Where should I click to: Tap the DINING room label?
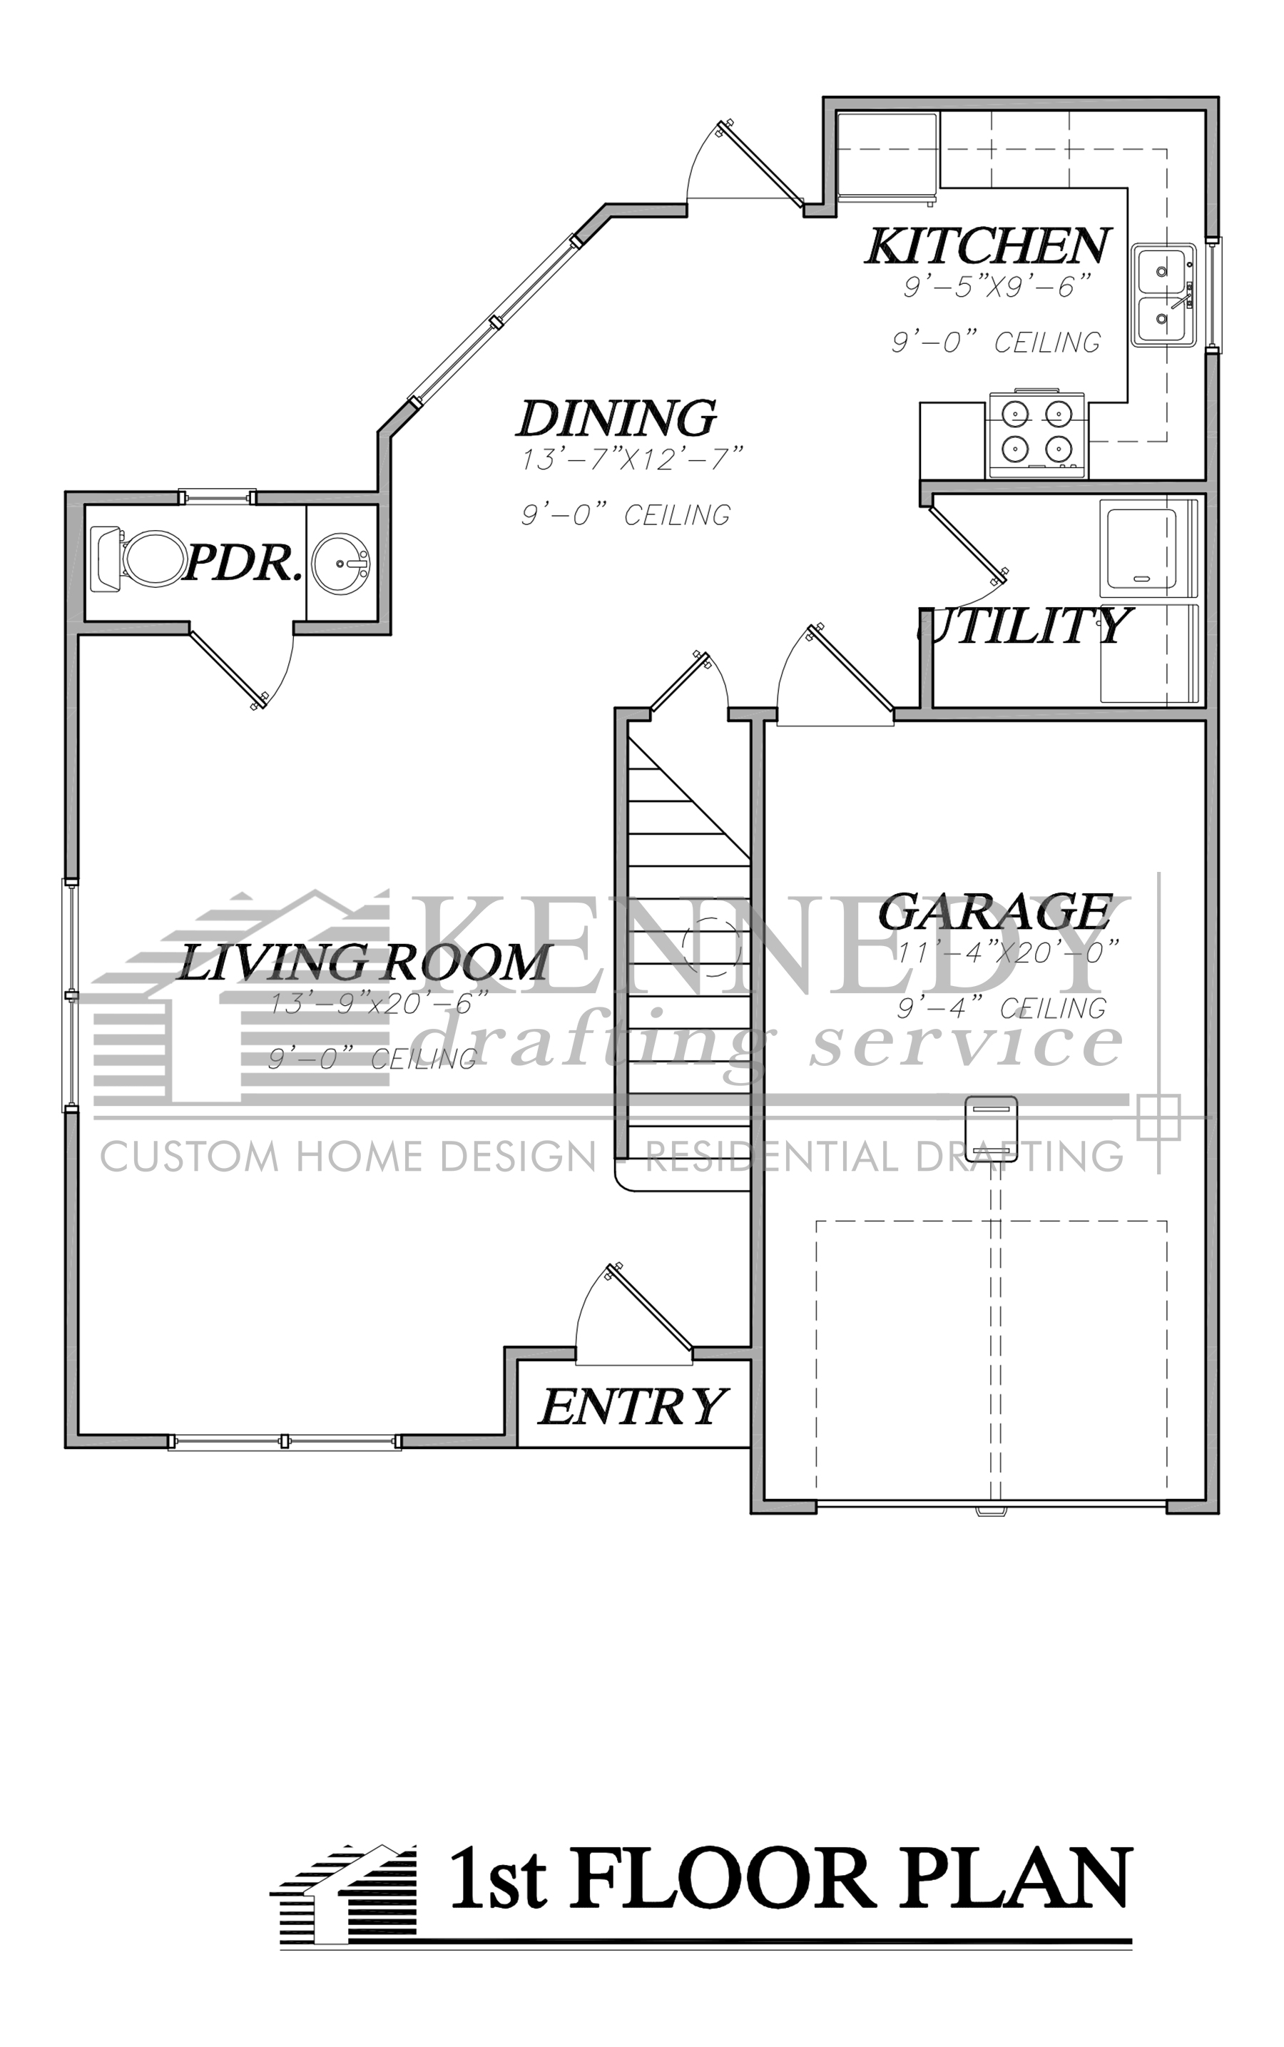pyautogui.click(x=616, y=418)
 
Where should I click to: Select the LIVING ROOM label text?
pyautogui.click(x=365, y=962)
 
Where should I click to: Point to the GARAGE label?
pyautogui.click(x=994, y=913)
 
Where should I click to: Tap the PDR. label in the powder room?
pyautogui.click(x=243, y=562)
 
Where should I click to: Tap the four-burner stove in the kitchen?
pyautogui.click(x=1035, y=433)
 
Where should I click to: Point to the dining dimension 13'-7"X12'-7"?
pyautogui.click(x=632, y=459)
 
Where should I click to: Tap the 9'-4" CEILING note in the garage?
pyautogui.click(x=1002, y=1008)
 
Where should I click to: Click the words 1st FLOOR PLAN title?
pyautogui.click(x=790, y=1879)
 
